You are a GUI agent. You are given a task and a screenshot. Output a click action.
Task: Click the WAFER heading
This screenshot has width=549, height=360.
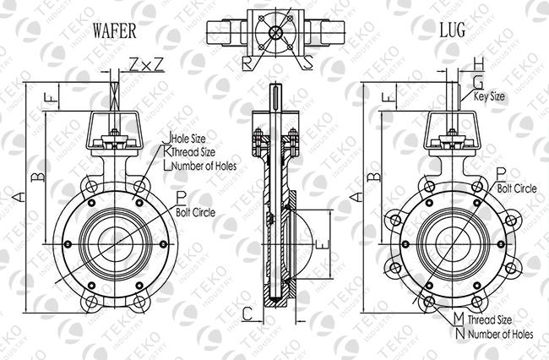[x=114, y=30]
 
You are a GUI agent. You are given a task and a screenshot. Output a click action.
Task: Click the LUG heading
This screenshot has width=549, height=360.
[x=453, y=30]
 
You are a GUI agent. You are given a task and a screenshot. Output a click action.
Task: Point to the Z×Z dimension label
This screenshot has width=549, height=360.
[x=146, y=64]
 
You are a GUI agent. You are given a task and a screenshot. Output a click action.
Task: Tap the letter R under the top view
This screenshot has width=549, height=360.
[x=247, y=63]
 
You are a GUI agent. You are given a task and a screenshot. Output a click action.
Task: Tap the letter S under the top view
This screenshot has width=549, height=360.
[x=307, y=63]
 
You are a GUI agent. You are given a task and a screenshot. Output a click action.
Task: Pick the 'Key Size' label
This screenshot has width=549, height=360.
[x=489, y=96]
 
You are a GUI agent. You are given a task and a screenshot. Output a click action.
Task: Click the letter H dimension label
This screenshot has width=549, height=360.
[x=479, y=64]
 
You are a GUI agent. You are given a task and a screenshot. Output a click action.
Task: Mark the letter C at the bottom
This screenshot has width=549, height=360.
[x=247, y=314]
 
